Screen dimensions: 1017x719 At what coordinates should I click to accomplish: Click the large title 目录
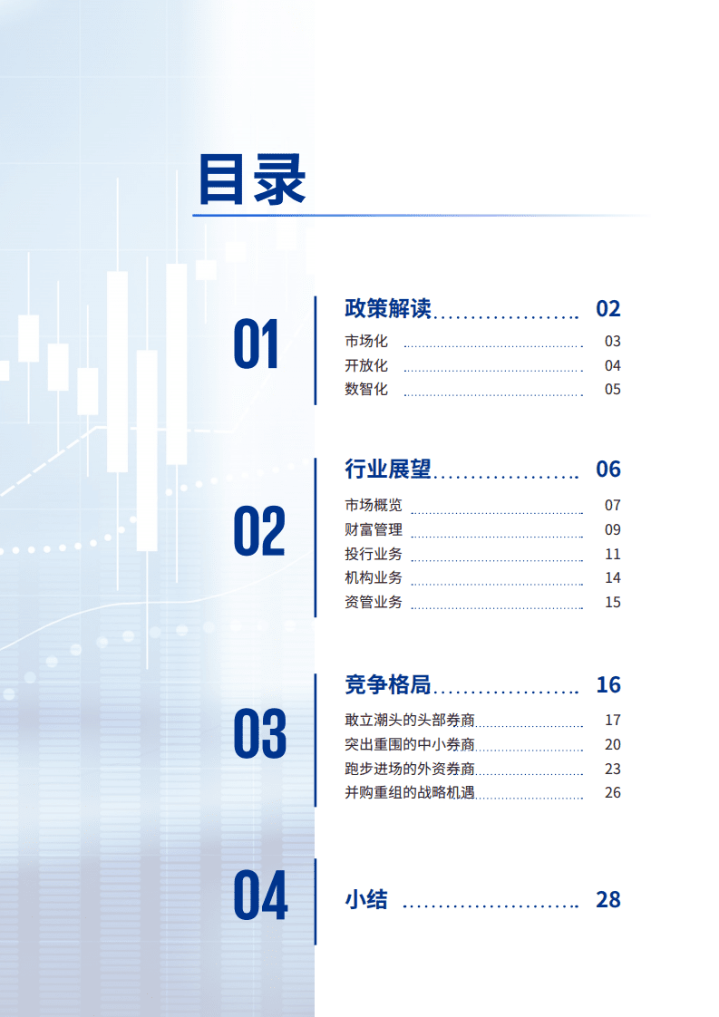pyautogui.click(x=252, y=180)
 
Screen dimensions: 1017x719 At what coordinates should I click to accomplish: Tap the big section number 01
pyautogui.click(x=257, y=345)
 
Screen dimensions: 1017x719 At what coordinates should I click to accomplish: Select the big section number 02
pyautogui.click(x=259, y=531)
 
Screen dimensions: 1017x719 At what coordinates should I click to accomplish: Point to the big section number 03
pyautogui.click(x=259, y=734)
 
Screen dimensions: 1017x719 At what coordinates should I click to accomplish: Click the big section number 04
pyautogui.click(x=260, y=895)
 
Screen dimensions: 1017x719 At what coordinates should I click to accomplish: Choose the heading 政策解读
pyautogui.click(x=387, y=308)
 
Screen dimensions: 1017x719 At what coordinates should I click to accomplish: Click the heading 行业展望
pyautogui.click(x=387, y=469)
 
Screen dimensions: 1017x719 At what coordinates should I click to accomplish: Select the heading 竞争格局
pyautogui.click(x=387, y=684)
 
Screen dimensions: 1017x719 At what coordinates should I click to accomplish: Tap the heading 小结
pyautogui.click(x=366, y=900)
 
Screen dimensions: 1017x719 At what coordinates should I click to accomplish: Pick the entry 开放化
pyautogui.click(x=366, y=365)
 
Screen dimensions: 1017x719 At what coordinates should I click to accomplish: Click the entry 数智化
pyautogui.click(x=366, y=390)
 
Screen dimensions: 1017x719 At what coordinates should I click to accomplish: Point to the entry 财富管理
pyautogui.click(x=374, y=529)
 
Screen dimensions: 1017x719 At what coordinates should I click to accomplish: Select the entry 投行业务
pyautogui.click(x=374, y=554)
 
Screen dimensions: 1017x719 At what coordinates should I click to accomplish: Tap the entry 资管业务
pyautogui.click(x=374, y=602)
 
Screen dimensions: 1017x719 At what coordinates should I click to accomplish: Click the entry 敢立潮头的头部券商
pyautogui.click(x=410, y=721)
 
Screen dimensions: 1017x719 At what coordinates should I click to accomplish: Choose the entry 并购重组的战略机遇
pyautogui.click(x=410, y=793)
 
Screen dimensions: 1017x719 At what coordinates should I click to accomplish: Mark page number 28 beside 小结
pyautogui.click(x=608, y=900)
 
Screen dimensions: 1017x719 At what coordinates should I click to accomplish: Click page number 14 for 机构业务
pyautogui.click(x=613, y=577)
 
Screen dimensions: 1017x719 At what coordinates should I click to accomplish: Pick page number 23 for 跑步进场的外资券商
pyautogui.click(x=613, y=769)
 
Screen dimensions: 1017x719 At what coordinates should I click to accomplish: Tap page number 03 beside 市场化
pyautogui.click(x=613, y=342)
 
